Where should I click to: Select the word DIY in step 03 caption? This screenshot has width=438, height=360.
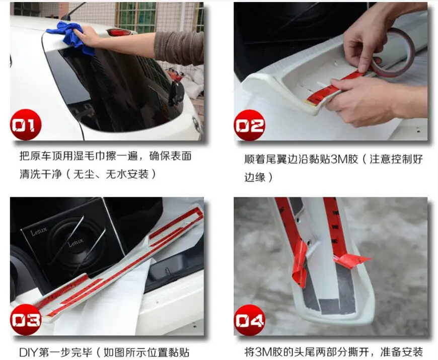[x=26, y=352]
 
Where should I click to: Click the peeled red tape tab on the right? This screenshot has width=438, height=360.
[x=352, y=260]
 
